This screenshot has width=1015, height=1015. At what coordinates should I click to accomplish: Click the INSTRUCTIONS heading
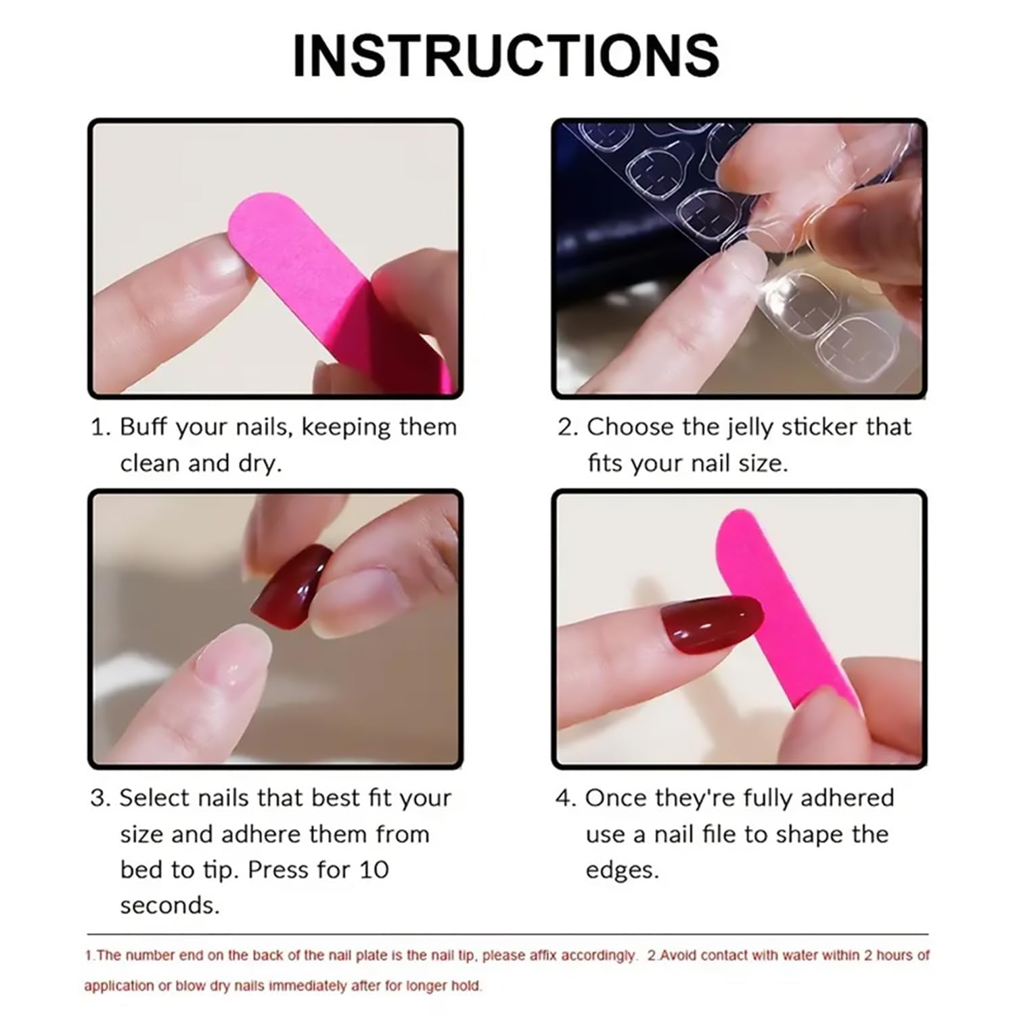click(x=505, y=55)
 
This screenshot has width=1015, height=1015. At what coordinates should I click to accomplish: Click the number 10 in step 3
click(x=374, y=870)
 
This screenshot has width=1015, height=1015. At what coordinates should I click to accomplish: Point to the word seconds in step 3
click(x=169, y=905)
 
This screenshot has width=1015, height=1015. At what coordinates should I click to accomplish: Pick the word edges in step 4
click(x=621, y=870)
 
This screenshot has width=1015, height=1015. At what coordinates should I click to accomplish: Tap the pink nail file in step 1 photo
click(x=304, y=271)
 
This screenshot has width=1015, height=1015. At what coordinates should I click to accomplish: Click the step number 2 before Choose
click(x=565, y=427)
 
